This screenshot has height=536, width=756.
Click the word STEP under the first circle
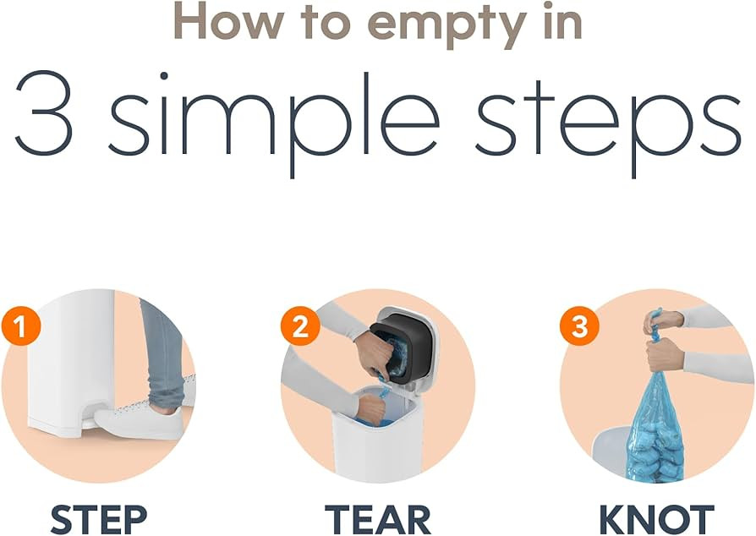pos(99,518)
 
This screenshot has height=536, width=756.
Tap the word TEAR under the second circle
pos(378,518)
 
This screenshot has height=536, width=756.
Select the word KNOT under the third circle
pos(657,518)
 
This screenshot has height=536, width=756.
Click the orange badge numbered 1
pos(21,326)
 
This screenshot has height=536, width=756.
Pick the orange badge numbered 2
pos(300,326)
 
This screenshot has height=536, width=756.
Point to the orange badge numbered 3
pos(579,326)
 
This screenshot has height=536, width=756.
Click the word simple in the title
pos(273,122)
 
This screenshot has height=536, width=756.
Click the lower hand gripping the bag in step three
pos(665,355)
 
